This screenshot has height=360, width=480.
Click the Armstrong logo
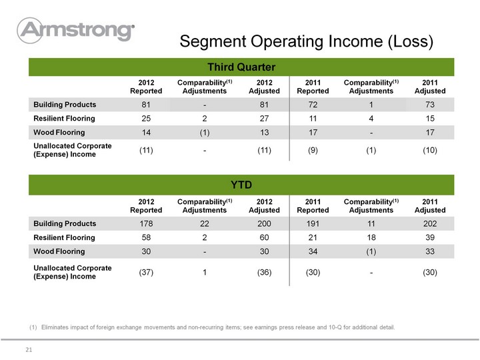(x=75, y=30)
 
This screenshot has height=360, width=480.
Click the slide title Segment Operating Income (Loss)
(x=307, y=41)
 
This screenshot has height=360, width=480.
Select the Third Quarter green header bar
(x=241, y=67)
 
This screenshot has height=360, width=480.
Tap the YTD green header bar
(x=241, y=185)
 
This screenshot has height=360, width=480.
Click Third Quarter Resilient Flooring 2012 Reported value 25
(x=146, y=119)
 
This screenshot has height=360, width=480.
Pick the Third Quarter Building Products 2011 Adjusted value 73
(x=430, y=105)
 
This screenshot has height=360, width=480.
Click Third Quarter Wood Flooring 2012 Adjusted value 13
(x=264, y=132)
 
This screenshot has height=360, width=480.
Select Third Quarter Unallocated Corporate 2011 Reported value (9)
(x=313, y=150)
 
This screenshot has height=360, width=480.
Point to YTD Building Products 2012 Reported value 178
(x=146, y=224)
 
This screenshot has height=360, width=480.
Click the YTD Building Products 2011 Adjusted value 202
(x=430, y=224)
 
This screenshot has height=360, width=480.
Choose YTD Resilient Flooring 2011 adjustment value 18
(x=371, y=237)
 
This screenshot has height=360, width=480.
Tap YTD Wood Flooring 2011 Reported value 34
(x=313, y=251)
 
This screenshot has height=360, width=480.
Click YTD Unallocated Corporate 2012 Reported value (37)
(x=146, y=272)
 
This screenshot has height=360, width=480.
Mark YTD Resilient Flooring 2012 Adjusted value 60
(x=264, y=237)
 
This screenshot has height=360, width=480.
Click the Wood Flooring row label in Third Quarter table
(x=59, y=132)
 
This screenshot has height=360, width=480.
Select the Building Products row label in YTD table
(x=65, y=223)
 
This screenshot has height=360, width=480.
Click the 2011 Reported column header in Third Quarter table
(x=313, y=87)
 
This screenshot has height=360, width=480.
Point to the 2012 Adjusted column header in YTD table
(x=264, y=206)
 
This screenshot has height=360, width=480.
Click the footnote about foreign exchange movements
(x=212, y=327)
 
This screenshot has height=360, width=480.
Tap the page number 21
(x=29, y=349)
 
